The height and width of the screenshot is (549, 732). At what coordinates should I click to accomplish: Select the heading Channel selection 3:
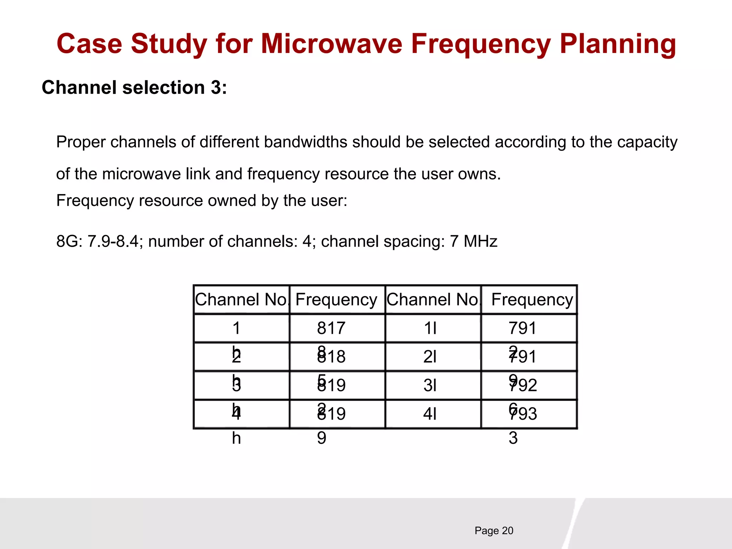point(134,88)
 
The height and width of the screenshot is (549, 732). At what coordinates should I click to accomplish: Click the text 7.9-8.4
point(113,242)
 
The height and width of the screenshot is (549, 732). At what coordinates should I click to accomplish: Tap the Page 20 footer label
point(494,531)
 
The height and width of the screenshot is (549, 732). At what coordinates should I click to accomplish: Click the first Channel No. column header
point(242,300)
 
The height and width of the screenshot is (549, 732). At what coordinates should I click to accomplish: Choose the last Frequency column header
point(532,300)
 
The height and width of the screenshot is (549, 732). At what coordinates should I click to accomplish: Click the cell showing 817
point(331,328)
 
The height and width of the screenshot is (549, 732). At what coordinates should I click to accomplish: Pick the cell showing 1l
point(430,328)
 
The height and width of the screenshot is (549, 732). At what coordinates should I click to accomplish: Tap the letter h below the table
point(236,438)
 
